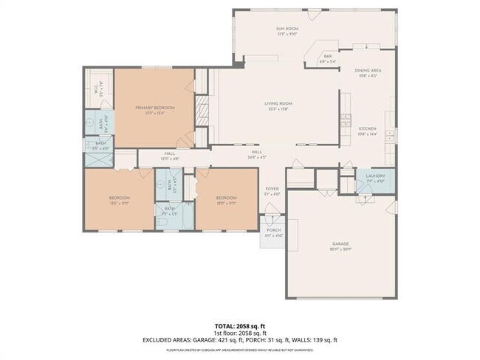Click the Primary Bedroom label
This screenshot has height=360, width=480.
(154, 108)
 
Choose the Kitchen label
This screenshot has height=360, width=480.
(367, 128)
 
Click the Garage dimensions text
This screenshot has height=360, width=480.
(340, 249)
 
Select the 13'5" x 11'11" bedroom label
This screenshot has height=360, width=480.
(120, 202)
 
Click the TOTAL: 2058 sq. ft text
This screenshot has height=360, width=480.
(239, 325)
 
